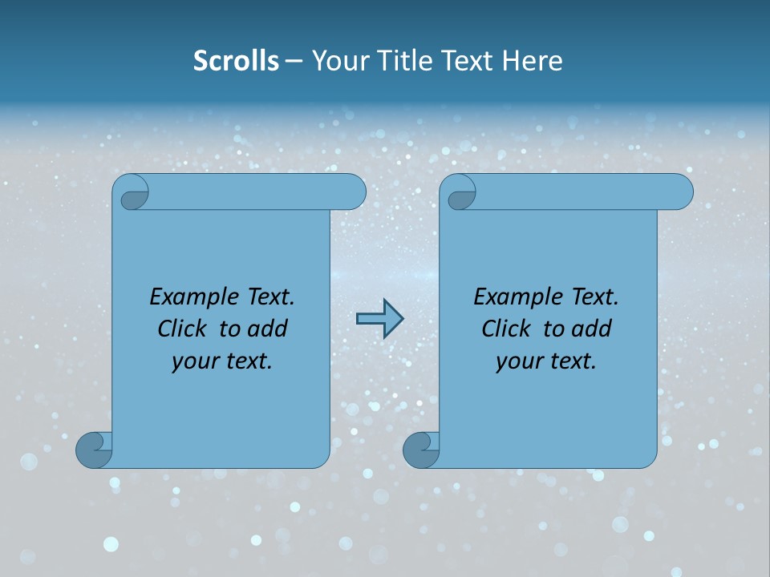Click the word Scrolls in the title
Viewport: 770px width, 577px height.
(x=236, y=61)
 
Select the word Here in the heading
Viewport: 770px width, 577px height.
(x=532, y=61)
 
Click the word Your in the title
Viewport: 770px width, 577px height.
(x=342, y=61)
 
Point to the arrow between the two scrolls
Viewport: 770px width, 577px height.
(x=379, y=318)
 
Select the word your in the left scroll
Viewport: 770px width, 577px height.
(x=195, y=361)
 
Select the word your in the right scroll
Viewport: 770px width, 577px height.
(x=519, y=361)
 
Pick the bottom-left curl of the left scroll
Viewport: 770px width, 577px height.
(x=95, y=450)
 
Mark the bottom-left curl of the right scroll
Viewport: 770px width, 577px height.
(x=421, y=450)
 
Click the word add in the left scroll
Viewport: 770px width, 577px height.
(x=267, y=329)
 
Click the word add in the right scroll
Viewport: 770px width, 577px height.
(x=591, y=329)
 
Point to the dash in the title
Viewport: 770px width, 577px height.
(x=294, y=62)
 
